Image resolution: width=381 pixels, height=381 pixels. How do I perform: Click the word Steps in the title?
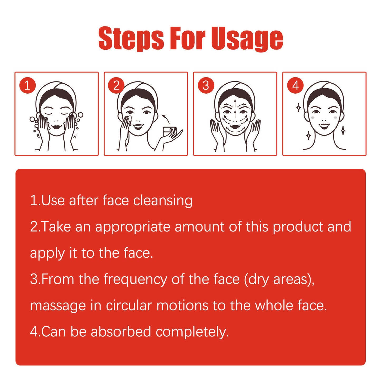click(x=131, y=39)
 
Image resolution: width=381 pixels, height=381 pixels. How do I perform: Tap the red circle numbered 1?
click(x=27, y=86)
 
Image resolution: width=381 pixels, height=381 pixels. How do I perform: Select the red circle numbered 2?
click(x=116, y=86)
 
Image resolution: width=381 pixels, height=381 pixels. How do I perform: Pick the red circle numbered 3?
click(x=206, y=86)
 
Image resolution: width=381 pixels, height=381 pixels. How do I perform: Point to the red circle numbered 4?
click(x=295, y=86)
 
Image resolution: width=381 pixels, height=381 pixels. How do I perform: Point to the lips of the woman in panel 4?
click(x=325, y=126)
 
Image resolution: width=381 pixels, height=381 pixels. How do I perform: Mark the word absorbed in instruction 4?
click(x=121, y=332)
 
